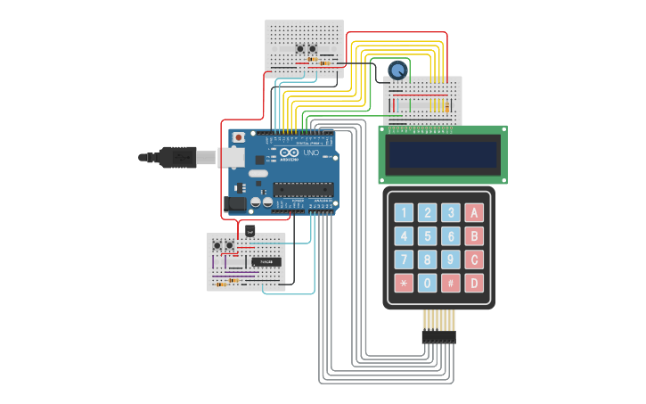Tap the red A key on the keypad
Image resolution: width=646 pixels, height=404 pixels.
point(475,212)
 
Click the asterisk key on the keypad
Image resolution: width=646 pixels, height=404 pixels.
point(405,283)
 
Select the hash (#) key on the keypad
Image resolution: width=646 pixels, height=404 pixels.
point(452,283)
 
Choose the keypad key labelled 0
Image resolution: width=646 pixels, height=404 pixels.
point(428,283)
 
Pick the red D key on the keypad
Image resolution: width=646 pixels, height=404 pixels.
point(475,283)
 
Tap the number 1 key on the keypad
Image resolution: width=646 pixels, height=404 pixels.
point(405,212)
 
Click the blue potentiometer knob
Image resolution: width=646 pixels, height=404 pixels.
point(397,70)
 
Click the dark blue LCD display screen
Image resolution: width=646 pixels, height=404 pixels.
point(442,155)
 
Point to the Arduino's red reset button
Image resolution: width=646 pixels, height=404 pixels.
point(238,138)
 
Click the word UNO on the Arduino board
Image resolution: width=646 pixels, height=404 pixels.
point(311,153)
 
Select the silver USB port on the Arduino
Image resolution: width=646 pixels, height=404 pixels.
point(231,157)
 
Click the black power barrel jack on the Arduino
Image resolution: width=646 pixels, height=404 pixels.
point(234,203)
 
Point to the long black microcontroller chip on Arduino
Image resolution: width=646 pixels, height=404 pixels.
point(303,189)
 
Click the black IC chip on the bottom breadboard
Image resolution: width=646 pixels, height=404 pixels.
point(266,261)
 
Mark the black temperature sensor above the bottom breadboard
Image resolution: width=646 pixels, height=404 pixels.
point(249,231)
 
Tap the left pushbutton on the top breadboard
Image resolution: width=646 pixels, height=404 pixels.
point(299,48)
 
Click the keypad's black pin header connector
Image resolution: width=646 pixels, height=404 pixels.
point(438,337)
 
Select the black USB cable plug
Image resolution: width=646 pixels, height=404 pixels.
point(178,157)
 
